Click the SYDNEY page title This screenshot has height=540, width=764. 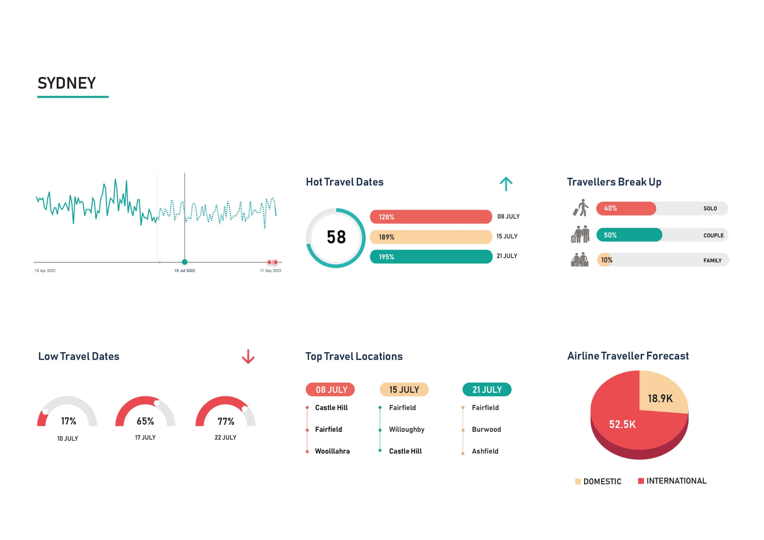click(x=67, y=83)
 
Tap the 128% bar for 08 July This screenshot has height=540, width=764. click(x=431, y=217)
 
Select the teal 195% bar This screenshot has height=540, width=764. click(x=431, y=257)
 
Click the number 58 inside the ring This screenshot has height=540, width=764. click(x=336, y=237)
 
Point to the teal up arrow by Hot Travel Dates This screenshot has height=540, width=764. click(x=506, y=184)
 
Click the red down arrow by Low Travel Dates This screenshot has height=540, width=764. click(x=248, y=357)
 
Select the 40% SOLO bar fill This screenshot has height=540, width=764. click(x=626, y=208)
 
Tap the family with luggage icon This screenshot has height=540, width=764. click(x=579, y=260)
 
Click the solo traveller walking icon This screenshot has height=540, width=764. click(x=581, y=208)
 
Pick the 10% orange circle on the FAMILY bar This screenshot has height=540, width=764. click(x=605, y=260)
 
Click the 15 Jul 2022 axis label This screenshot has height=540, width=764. click(x=185, y=271)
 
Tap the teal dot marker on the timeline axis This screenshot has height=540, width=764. click(x=185, y=262)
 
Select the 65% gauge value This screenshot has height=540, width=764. click(x=145, y=421)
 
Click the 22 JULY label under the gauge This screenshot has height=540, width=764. click(x=225, y=438)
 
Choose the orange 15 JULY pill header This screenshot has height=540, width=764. click(x=404, y=390)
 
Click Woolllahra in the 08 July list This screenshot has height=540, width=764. click(x=332, y=451)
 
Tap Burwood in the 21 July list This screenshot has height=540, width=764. click(x=486, y=430)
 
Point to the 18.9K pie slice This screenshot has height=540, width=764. click(x=660, y=396)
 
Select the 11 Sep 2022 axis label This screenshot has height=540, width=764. click(x=270, y=271)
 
